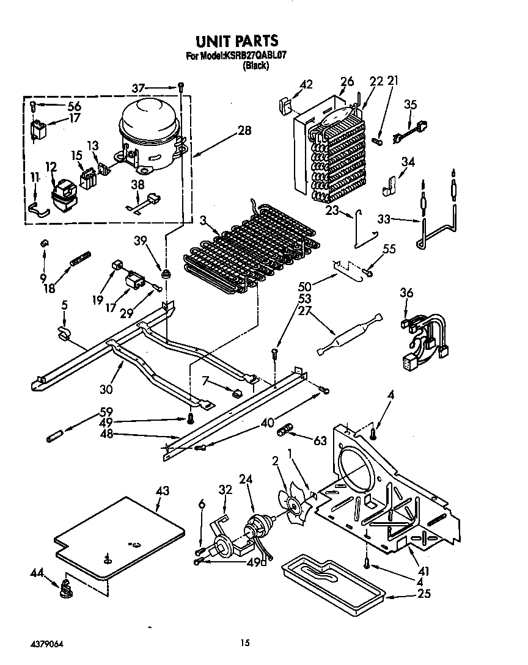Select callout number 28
click(244, 130)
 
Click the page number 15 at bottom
click(244, 642)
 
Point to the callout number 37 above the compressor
click(139, 88)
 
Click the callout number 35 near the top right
click(410, 104)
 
